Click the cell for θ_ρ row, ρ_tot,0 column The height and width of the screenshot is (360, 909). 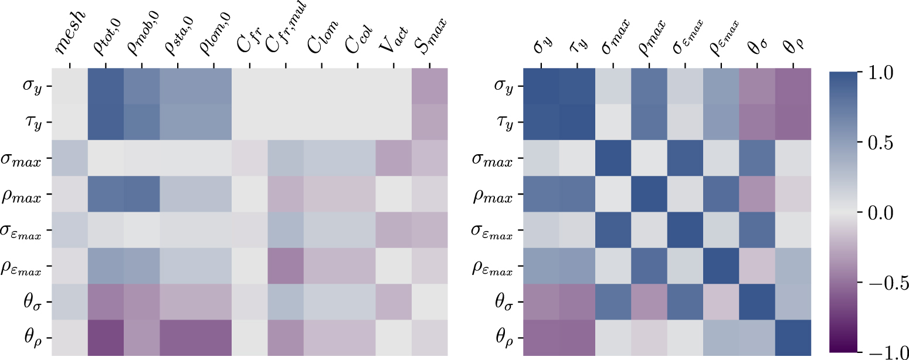[x=106, y=338]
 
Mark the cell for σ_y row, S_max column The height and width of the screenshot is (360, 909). [x=429, y=86]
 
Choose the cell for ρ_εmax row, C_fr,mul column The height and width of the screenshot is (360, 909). [x=286, y=266]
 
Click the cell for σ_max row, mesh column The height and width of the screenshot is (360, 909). [x=70, y=158]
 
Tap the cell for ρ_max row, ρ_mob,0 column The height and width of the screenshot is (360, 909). [x=142, y=194]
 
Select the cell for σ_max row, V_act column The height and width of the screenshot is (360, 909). [x=394, y=158]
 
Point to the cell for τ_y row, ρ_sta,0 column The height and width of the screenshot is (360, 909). [x=178, y=122]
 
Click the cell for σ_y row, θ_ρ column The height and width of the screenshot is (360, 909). [x=793, y=86]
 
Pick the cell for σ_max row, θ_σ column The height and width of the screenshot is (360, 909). [x=757, y=158]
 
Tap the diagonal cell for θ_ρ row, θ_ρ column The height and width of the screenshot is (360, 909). [x=793, y=338]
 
